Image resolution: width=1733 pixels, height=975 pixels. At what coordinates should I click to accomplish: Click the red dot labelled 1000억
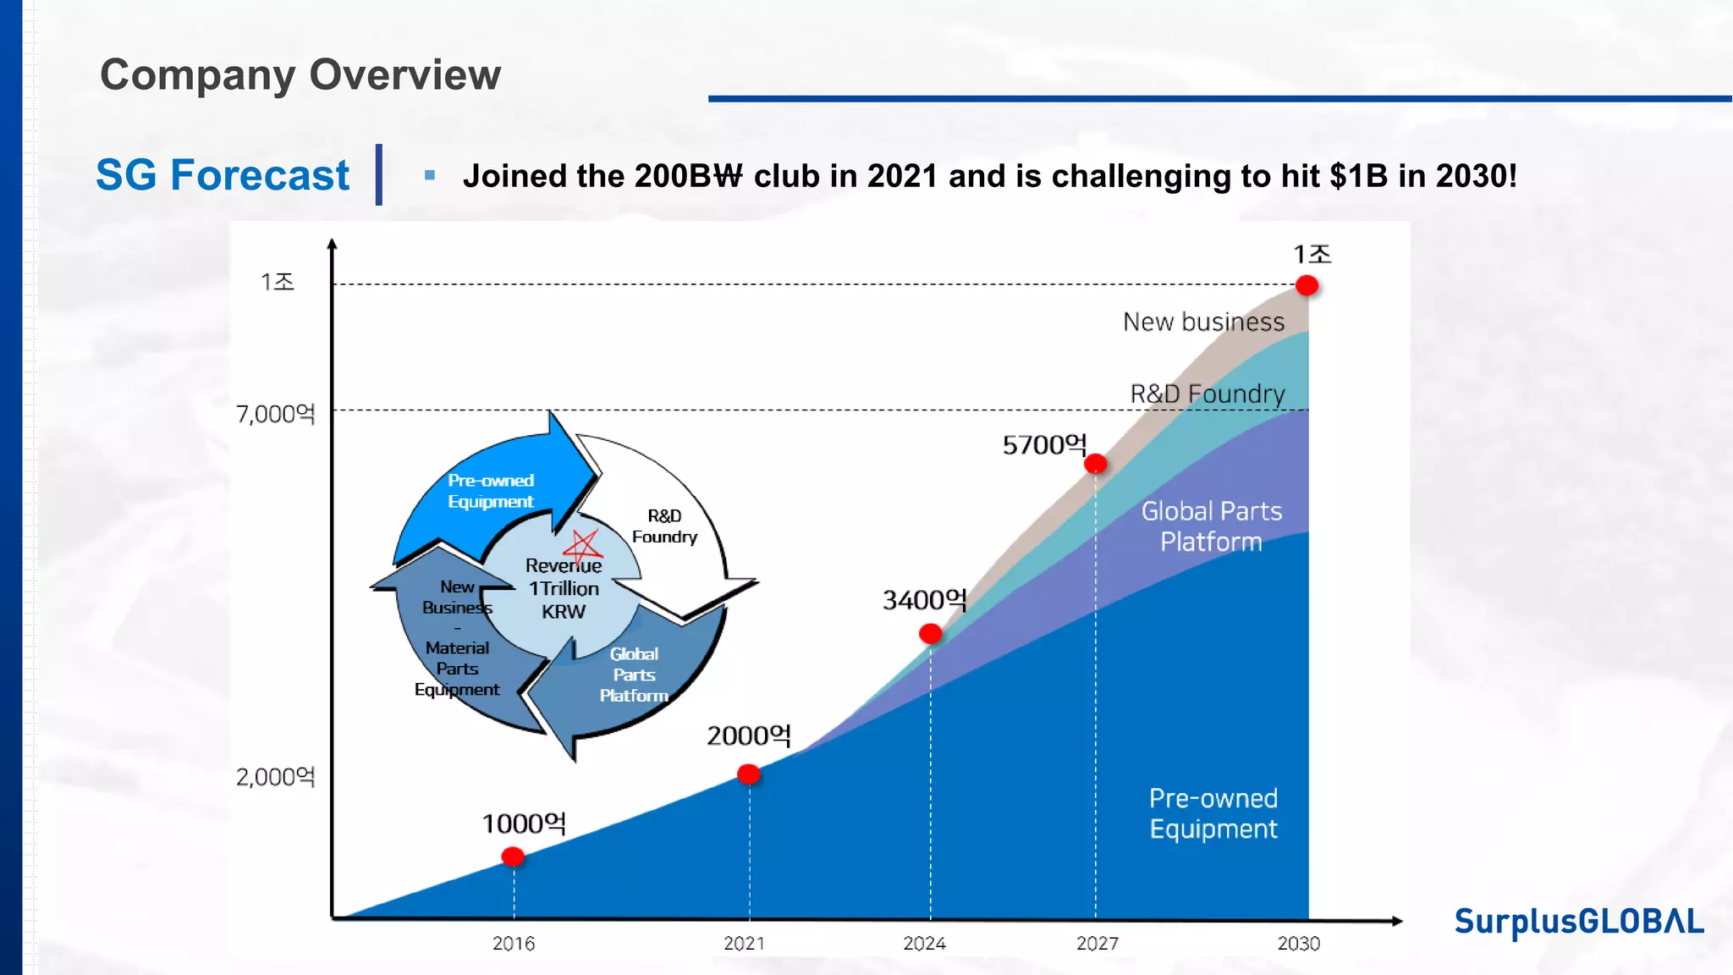tap(513, 857)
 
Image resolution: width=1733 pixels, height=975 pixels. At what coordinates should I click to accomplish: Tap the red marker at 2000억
tap(748, 774)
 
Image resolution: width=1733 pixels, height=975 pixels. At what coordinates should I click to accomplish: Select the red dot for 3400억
tap(930, 633)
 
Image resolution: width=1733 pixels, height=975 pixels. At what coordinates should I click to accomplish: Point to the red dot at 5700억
tap(1095, 463)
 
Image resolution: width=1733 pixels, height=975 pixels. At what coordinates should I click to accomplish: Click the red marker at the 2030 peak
tap(1307, 286)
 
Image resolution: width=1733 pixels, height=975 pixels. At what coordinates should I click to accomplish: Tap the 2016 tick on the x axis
tap(514, 943)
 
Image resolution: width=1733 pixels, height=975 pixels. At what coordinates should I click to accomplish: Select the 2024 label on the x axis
tap(924, 943)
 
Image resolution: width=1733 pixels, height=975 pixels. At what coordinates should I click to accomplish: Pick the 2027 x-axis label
tap(1098, 943)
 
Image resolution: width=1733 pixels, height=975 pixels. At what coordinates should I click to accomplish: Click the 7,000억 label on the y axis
tap(275, 414)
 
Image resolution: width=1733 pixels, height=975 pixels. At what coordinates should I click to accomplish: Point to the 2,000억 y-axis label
tap(275, 777)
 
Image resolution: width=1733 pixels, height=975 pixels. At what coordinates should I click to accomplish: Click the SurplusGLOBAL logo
tap(1578, 921)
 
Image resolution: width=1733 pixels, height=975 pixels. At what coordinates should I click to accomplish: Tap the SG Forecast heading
tap(223, 175)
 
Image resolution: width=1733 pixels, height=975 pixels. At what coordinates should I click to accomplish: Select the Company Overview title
tap(300, 74)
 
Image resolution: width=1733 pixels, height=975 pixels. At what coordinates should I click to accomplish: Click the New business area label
tap(1203, 322)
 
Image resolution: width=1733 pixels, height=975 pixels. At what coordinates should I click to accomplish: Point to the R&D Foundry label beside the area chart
tap(1208, 394)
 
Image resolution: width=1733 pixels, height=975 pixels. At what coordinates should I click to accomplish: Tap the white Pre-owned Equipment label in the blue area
tap(1213, 813)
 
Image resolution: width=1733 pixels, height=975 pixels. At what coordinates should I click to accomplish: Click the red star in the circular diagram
tap(584, 546)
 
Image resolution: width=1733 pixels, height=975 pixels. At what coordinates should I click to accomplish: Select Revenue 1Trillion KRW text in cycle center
tap(564, 588)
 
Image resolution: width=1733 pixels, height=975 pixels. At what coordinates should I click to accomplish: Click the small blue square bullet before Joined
tap(430, 175)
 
